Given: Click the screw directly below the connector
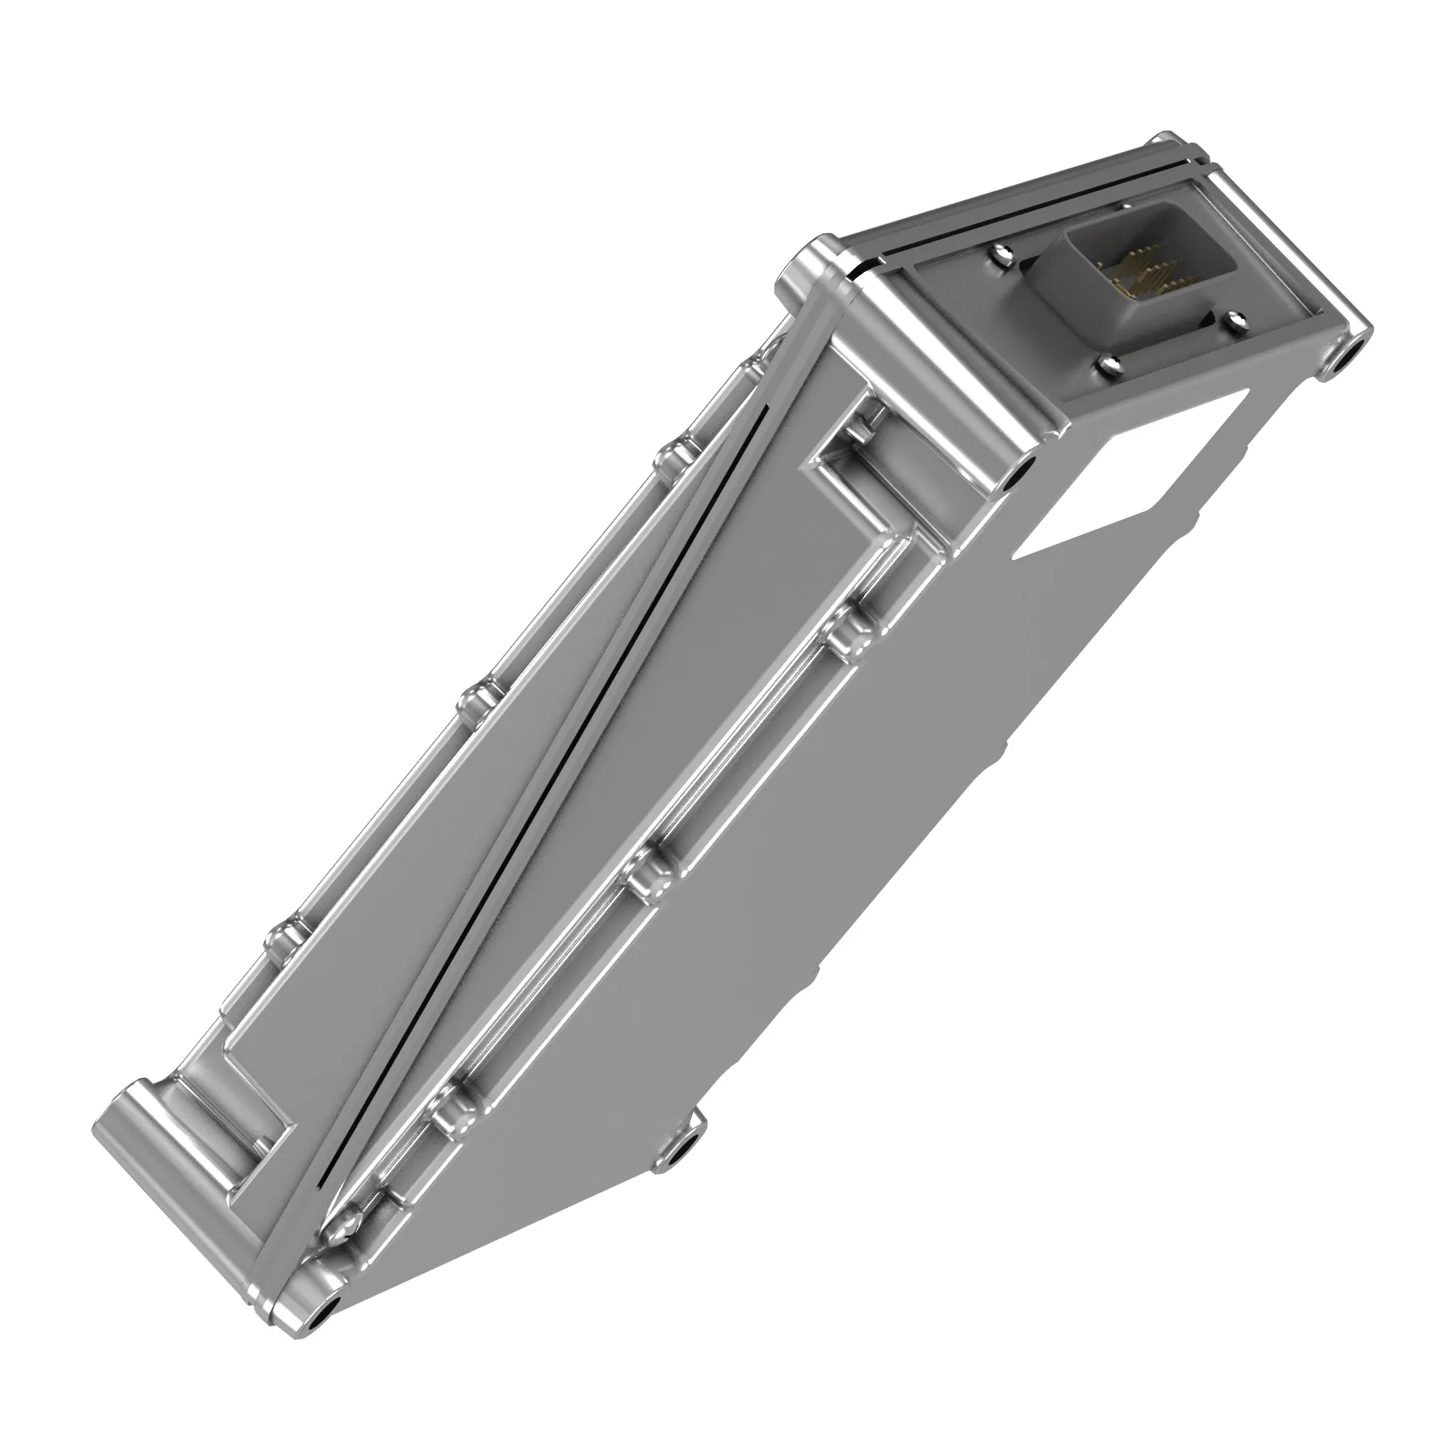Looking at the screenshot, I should coord(1109,365).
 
